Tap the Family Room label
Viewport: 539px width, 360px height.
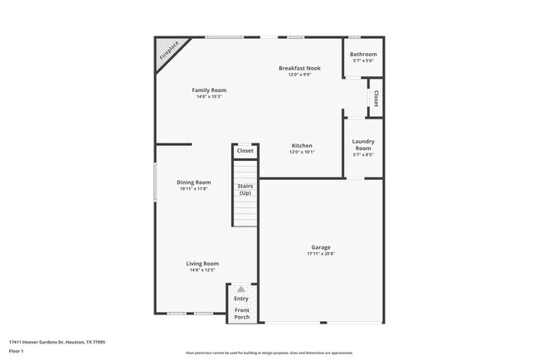209,90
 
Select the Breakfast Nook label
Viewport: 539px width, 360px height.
299,68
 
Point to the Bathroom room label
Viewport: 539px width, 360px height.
363,55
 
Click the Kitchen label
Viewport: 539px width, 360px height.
302,145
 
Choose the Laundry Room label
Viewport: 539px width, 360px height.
363,144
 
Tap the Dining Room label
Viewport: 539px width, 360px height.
194,182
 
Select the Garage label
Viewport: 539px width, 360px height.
321,247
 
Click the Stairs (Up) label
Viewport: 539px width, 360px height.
245,189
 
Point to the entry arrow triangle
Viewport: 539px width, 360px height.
241,289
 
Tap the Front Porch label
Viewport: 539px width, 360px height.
241,314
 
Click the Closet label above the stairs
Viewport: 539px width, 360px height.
245,151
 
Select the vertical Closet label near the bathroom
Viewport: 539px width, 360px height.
376,99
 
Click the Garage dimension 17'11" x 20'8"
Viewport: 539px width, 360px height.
321,254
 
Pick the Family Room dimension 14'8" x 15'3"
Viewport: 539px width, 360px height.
209,96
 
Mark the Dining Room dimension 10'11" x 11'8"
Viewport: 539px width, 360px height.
194,189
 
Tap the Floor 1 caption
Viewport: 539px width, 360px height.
17,351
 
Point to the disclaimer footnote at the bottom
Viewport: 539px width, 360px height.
269,353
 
